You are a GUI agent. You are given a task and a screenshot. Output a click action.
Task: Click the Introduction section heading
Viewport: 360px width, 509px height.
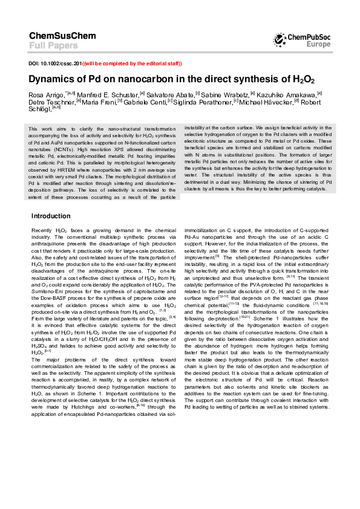pos(51,216)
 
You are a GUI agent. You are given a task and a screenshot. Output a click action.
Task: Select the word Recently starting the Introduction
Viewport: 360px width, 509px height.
pos(42,231)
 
